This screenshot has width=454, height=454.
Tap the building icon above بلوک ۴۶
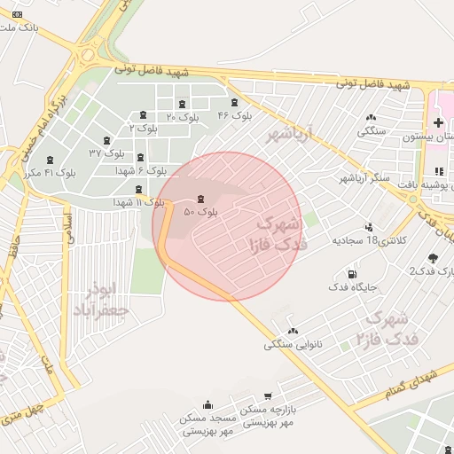click(234, 101)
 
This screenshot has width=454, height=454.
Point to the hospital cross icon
click(438, 121)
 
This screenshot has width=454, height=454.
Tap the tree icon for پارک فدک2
click(432, 258)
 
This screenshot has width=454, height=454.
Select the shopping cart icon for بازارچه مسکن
click(268, 396)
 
